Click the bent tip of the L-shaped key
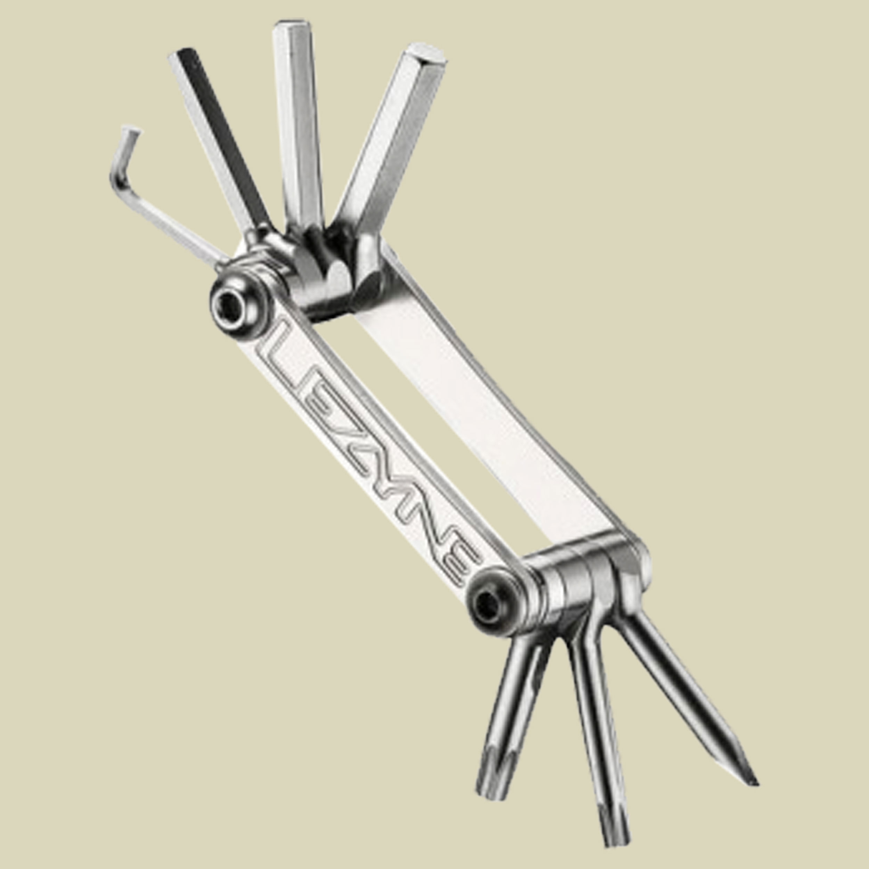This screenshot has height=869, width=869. pos(131,130)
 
